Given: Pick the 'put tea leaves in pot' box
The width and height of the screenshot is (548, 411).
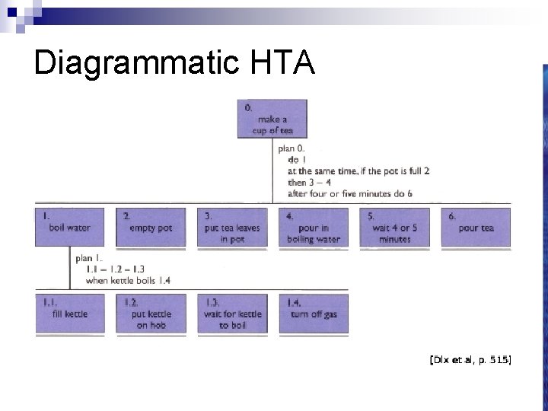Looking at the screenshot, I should (231, 227).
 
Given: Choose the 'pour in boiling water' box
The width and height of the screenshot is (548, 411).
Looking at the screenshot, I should (313, 227).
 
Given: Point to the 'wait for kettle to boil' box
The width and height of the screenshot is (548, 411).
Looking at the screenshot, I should (231, 314).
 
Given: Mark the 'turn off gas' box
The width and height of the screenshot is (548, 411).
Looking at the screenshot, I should (313, 314).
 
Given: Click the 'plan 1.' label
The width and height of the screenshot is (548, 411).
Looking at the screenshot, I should (90, 259).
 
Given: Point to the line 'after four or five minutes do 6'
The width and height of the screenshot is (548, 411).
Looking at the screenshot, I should (350, 193).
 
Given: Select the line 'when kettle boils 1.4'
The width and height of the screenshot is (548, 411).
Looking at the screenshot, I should (128, 280).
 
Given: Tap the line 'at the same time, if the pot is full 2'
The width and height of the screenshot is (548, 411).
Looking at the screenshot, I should (358, 171).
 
